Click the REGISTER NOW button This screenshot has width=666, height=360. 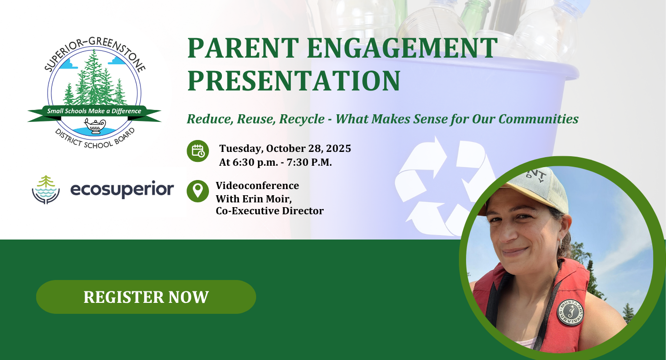(x=146, y=297)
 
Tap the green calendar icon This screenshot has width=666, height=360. (x=198, y=151)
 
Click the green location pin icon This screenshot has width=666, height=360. (x=198, y=191)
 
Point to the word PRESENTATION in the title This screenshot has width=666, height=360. (x=294, y=80)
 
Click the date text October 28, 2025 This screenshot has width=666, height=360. (x=308, y=149)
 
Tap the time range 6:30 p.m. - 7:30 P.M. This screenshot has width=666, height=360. (x=282, y=162)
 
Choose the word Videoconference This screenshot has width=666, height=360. (x=258, y=185)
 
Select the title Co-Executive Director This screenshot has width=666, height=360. (x=269, y=210)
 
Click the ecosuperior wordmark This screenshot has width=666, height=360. (x=122, y=190)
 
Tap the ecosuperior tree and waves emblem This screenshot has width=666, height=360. (x=46, y=190)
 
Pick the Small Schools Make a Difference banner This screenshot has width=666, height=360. (x=94, y=113)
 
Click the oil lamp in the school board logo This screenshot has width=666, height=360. (x=95, y=126)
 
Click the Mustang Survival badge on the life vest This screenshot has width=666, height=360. (x=570, y=312)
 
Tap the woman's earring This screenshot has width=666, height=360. (x=560, y=243)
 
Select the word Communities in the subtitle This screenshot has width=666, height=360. (x=538, y=119)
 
